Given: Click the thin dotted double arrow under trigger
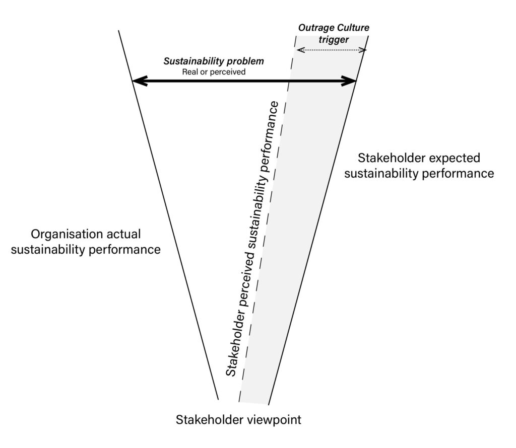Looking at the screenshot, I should tap(332, 50).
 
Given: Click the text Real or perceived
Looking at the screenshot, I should tap(214, 72).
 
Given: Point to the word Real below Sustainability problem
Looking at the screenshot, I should tap(190, 72).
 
